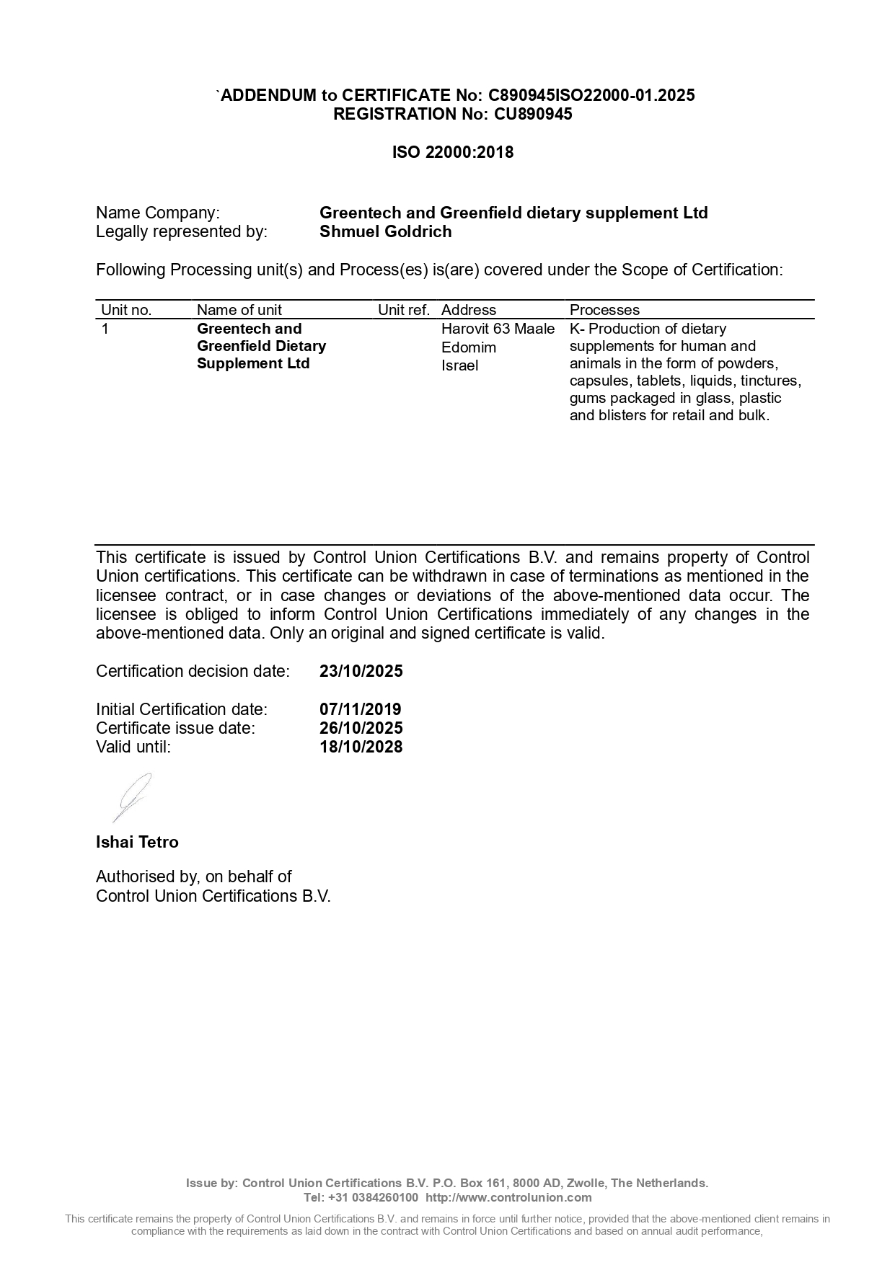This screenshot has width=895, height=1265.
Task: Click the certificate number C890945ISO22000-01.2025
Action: pyautogui.click(x=591, y=95)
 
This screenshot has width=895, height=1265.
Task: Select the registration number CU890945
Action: pyautogui.click(x=533, y=114)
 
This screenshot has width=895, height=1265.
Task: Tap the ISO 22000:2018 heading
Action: pyautogui.click(x=453, y=152)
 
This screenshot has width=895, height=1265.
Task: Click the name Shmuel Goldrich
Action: pyautogui.click(x=386, y=231)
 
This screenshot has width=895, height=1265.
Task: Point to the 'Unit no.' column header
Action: pyautogui.click(x=126, y=310)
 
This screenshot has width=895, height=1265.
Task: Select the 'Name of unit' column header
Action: pyautogui.click(x=239, y=310)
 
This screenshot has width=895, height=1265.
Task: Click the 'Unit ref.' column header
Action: pyautogui.click(x=404, y=310)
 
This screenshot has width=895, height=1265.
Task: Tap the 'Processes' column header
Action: pyautogui.click(x=604, y=310)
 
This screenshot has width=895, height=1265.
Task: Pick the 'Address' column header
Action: pyautogui.click(x=469, y=310)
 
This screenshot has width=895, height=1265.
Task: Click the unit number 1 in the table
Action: pyautogui.click(x=105, y=329)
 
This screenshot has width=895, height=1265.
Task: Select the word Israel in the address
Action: pyautogui.click(x=460, y=365)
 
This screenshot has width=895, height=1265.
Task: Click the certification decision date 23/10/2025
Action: pyautogui.click(x=361, y=671)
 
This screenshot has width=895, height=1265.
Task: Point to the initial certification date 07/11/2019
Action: pyautogui.click(x=361, y=709)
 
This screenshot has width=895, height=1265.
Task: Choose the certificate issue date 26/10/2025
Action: pyautogui.click(x=361, y=728)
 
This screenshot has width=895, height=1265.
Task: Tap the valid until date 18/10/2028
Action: pyautogui.click(x=361, y=747)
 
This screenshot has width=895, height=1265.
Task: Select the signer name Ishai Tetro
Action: pyautogui.click(x=137, y=842)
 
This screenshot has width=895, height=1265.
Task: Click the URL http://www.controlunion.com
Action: pyautogui.click(x=508, y=1197)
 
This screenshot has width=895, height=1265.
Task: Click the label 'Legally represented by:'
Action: pyautogui.click(x=182, y=231)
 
